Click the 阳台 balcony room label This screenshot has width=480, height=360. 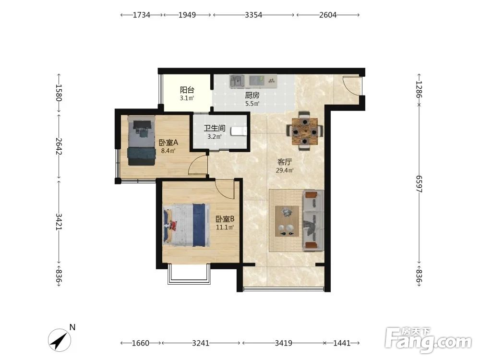187,90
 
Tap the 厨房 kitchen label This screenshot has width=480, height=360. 252,95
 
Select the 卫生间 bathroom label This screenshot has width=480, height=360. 214,128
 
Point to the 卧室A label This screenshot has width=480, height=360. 168,143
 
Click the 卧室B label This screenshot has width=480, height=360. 225,219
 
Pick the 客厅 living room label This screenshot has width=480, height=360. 285,162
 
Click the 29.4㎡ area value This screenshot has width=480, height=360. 285,170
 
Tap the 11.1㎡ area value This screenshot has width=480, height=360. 225,227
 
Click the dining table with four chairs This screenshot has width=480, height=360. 304,131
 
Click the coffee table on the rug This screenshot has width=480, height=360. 287,221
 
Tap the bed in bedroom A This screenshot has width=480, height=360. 142,140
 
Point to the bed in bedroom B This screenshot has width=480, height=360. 186,225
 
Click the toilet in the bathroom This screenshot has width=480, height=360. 239,132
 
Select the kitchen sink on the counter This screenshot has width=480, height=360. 237,81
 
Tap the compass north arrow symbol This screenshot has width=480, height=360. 60,340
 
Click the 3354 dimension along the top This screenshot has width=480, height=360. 253,15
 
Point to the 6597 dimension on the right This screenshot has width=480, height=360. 419,184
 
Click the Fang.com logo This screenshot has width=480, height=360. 428,339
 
